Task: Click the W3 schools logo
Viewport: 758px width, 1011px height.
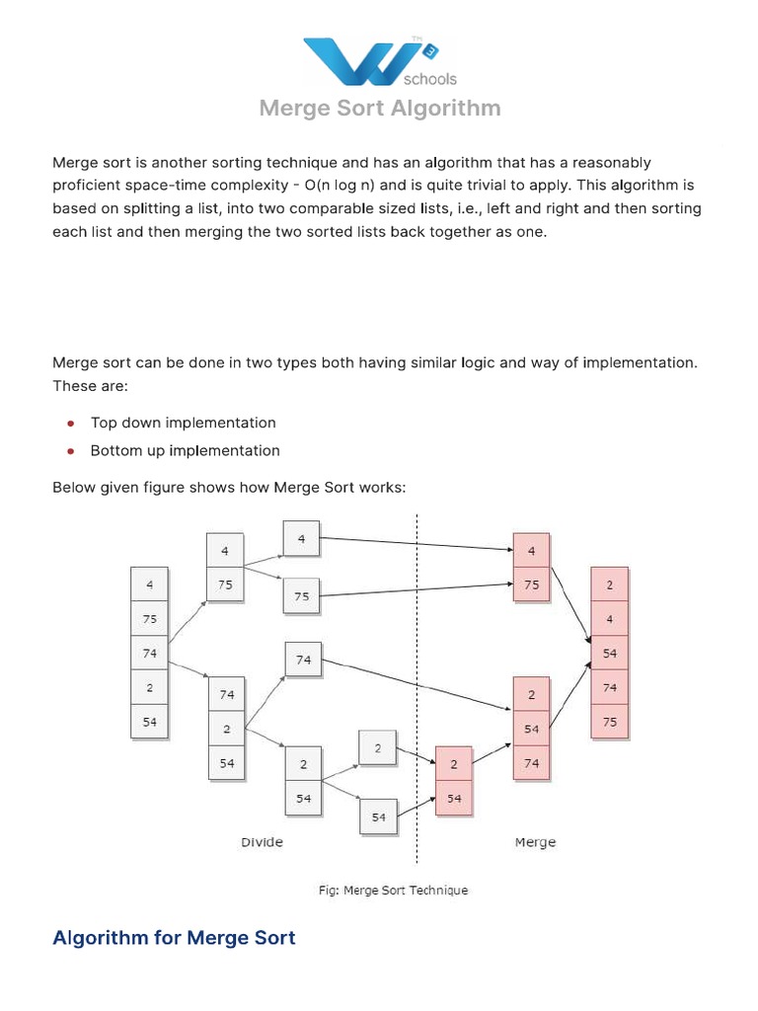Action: coord(379,61)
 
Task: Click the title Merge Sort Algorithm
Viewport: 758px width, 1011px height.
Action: coord(379,109)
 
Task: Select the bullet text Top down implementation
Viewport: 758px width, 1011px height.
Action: coord(183,423)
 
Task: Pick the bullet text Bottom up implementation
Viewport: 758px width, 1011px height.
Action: coord(185,450)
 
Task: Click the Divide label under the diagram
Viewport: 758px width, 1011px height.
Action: coord(262,842)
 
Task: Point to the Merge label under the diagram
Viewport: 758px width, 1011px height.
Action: coord(535,842)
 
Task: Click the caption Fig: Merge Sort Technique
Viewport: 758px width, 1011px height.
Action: coord(393,890)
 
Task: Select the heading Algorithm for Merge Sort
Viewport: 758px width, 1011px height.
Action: coord(174,937)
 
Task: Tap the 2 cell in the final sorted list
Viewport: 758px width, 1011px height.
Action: coord(610,584)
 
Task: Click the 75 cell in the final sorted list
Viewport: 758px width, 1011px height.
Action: coord(610,722)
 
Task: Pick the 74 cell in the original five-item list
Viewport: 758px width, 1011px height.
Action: coord(150,653)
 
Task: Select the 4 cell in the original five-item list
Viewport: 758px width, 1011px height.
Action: coord(150,584)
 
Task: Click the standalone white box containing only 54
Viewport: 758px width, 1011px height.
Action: coord(379,817)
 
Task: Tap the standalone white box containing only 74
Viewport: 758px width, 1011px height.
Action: coord(303,660)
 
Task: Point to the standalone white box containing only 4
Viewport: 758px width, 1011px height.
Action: coord(301,538)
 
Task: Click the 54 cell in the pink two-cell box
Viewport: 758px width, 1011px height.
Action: coord(454,799)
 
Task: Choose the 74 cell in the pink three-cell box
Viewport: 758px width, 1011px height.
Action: coord(532,762)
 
